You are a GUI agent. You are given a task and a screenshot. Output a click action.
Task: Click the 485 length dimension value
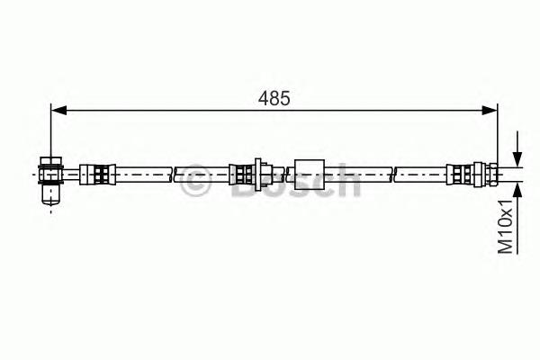pyautogui.click(x=274, y=98)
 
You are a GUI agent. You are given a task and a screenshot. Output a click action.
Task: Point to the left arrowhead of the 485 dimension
pyautogui.click(x=58, y=111)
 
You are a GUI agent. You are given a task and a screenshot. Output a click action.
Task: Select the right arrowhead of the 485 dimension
pyautogui.click(x=490, y=111)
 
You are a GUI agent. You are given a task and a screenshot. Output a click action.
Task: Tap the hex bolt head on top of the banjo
pyautogui.click(x=51, y=161)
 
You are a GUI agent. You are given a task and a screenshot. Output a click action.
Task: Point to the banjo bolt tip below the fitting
pyautogui.click(x=51, y=195)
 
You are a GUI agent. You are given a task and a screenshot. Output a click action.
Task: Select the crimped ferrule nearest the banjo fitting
pyautogui.click(x=97, y=175)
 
